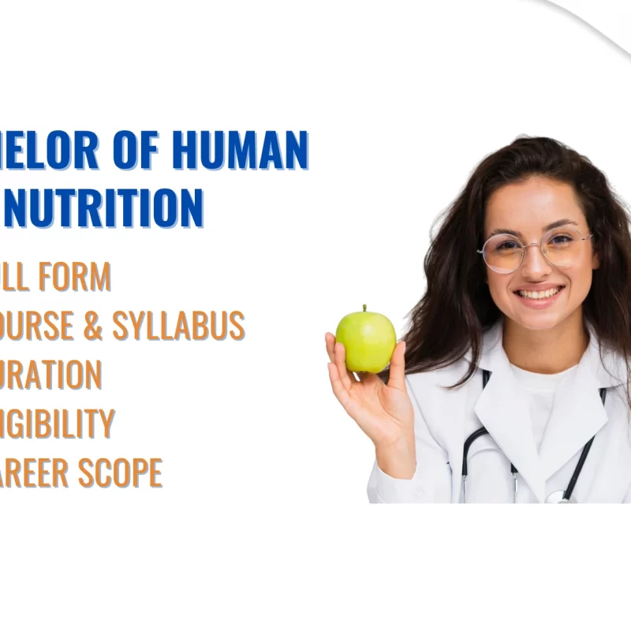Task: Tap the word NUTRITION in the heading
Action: tap(103, 207)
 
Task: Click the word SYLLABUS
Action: tap(178, 325)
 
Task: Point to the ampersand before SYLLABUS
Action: tap(93, 325)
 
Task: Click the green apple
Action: tap(366, 340)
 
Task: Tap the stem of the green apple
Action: tap(364, 310)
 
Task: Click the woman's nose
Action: tap(535, 266)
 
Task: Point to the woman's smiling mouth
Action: tap(539, 293)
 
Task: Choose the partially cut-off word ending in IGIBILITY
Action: tap(57, 424)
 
